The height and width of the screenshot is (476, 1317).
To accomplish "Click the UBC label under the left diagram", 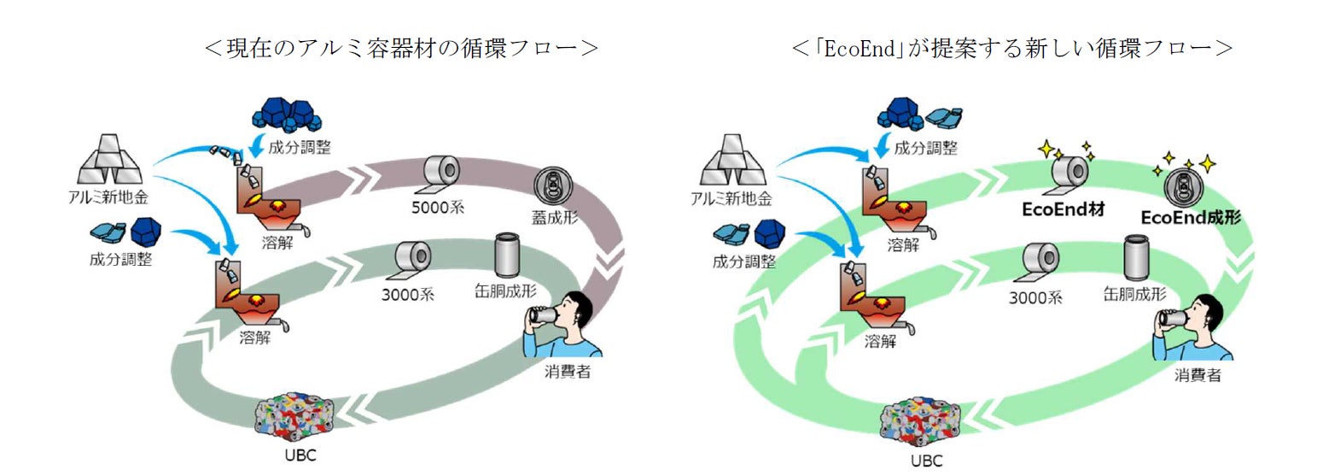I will (300, 455).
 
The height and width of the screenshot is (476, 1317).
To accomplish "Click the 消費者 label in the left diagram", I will (568, 373).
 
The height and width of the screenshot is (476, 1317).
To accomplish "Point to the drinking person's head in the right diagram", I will (1202, 312).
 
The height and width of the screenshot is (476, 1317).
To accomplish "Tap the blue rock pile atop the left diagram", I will (284, 115).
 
